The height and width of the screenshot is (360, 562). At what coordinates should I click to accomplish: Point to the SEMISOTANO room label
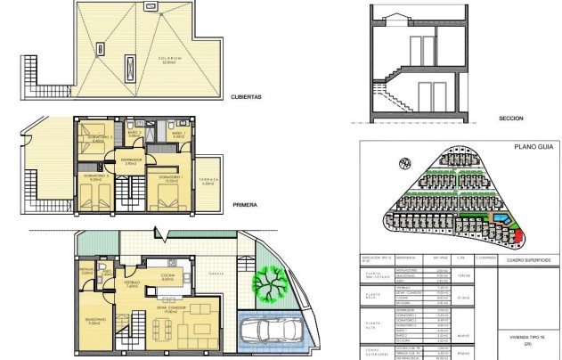[x=95, y=320]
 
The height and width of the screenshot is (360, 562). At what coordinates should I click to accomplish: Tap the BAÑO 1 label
[x=176, y=134]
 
